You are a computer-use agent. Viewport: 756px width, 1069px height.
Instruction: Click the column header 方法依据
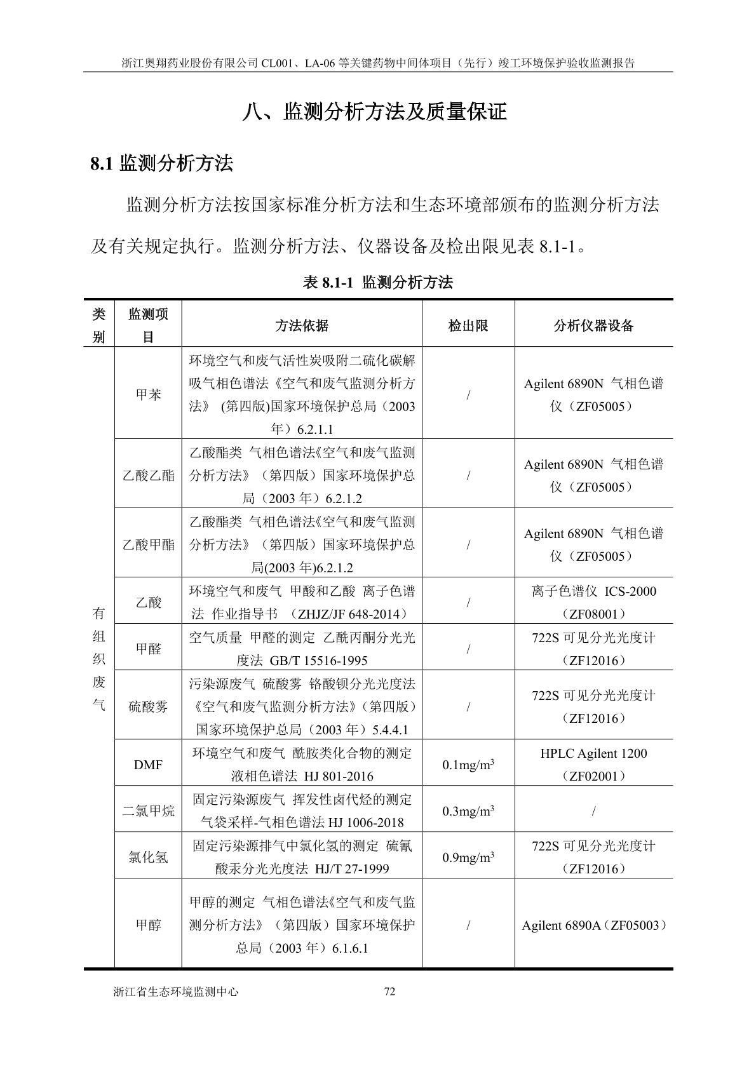point(302,326)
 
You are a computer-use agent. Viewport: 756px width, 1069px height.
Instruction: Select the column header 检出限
point(468,326)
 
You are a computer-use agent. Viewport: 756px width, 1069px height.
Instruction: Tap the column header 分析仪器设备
point(593,326)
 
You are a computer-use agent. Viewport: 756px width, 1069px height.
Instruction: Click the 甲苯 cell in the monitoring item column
point(148,394)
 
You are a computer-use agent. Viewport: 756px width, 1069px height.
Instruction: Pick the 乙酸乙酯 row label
point(148,475)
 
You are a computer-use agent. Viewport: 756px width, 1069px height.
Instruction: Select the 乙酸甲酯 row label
point(148,544)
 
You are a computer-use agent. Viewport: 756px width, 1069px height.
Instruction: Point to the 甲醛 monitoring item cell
point(148,649)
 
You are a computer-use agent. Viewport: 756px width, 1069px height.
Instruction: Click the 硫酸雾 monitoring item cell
point(148,706)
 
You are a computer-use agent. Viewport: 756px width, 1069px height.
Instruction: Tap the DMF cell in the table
point(148,765)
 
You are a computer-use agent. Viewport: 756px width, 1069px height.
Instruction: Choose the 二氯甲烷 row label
point(148,811)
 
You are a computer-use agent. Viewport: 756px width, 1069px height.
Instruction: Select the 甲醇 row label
point(148,925)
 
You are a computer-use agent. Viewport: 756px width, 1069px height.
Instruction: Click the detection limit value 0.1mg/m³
point(468,765)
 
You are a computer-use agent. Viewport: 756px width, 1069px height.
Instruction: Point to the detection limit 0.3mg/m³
point(468,811)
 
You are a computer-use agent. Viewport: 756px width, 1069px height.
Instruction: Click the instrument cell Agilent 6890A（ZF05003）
point(594,925)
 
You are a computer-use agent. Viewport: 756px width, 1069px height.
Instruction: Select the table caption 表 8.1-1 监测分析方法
point(378,283)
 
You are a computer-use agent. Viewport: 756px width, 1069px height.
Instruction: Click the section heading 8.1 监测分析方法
point(162,164)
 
